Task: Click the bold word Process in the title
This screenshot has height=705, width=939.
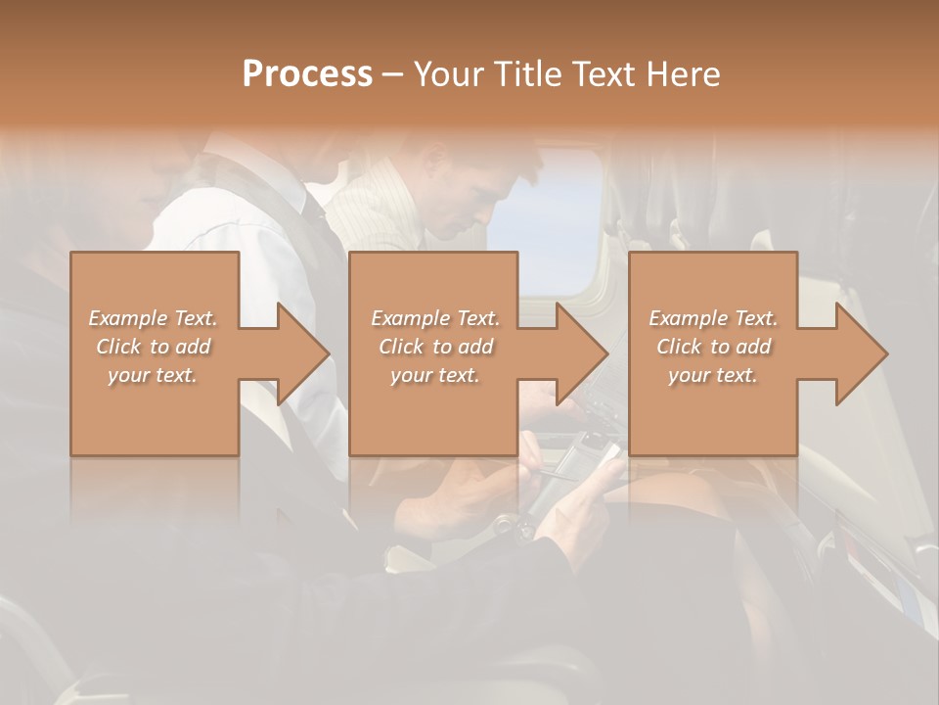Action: (307, 73)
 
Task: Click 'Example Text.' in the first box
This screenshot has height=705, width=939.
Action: (154, 318)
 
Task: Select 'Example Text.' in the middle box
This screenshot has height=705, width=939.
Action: (435, 318)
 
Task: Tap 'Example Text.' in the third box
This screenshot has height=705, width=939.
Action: (713, 318)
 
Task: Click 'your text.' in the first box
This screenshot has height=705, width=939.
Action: (153, 375)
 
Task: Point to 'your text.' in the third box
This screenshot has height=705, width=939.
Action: (713, 375)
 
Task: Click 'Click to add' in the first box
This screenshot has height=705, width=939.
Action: (154, 347)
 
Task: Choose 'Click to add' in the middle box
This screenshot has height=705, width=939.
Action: (435, 347)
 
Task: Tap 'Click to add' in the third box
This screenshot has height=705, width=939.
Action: (713, 347)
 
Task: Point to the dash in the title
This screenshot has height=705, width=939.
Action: (392, 75)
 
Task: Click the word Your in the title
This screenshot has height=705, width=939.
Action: (446, 73)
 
